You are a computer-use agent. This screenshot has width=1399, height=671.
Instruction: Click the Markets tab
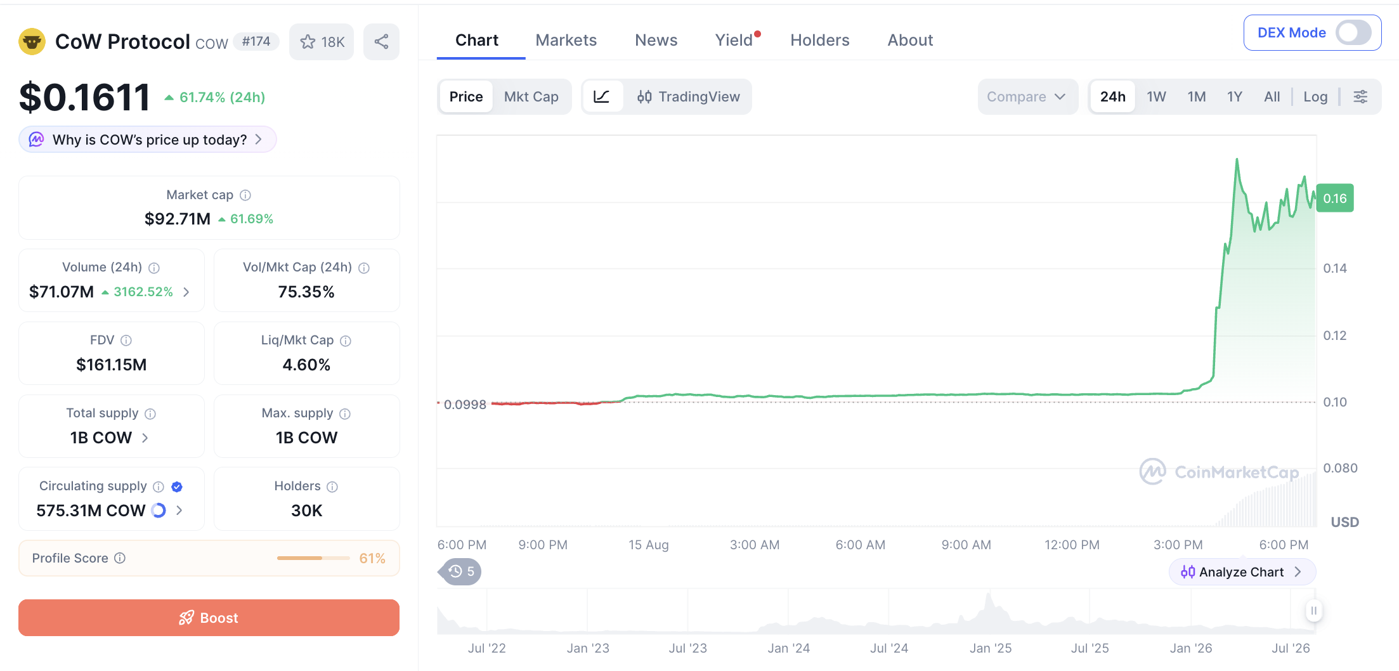[x=566, y=40]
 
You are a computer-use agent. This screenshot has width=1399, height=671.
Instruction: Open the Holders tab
[x=819, y=40]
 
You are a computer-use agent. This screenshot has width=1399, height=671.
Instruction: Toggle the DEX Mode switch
[x=1353, y=32]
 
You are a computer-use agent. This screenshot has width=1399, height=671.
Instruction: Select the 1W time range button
[x=1156, y=96]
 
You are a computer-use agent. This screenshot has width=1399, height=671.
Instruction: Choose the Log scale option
[x=1315, y=96]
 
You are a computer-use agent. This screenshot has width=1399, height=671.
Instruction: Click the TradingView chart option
[x=688, y=96]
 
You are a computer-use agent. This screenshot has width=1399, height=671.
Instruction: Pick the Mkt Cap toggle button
[x=531, y=96]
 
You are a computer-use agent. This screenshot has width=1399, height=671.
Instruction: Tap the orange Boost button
[x=209, y=618]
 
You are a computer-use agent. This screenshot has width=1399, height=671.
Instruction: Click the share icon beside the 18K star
[x=381, y=42]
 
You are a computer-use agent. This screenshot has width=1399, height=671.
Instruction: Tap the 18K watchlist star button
[x=322, y=42]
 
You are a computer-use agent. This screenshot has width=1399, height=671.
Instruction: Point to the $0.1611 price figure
[x=85, y=97]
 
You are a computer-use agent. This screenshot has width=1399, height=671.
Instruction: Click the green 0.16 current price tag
[x=1335, y=199]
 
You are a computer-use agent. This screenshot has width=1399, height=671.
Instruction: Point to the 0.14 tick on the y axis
[x=1335, y=268]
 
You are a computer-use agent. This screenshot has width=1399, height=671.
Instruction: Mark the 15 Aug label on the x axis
[x=648, y=545]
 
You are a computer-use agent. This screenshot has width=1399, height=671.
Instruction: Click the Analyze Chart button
[x=1242, y=572]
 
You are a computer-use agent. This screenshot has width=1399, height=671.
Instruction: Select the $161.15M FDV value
[x=111, y=365]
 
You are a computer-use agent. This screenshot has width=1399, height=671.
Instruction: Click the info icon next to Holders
[x=332, y=486]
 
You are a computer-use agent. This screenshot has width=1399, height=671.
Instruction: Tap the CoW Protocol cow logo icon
[x=32, y=42]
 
